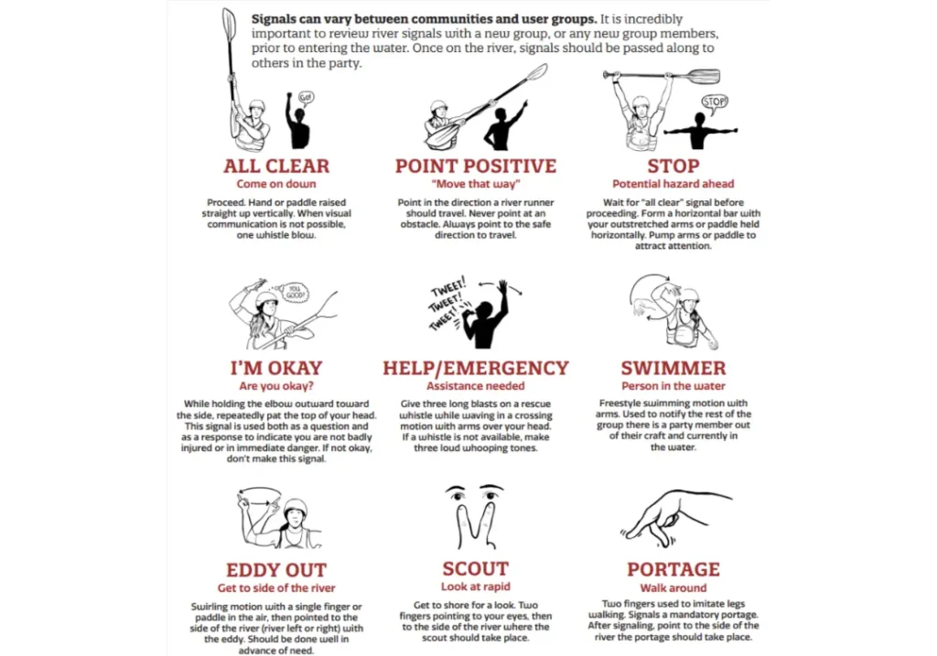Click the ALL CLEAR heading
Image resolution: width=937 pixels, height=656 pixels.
[x=276, y=167]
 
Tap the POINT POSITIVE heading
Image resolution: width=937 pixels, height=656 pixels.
[x=475, y=167]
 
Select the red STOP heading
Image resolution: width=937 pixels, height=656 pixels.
[x=673, y=167]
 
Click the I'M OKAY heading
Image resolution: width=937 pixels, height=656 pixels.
[x=276, y=369]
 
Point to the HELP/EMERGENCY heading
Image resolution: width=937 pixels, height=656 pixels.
[x=475, y=369]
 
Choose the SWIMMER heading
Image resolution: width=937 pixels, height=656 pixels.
[x=673, y=369]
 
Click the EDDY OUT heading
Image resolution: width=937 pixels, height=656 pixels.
[x=276, y=570]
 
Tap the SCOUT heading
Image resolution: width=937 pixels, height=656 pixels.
[x=475, y=570]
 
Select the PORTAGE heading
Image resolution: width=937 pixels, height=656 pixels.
[x=673, y=570]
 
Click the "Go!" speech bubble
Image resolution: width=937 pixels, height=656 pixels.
[x=307, y=96]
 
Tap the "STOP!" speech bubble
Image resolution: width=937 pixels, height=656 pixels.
[x=714, y=102]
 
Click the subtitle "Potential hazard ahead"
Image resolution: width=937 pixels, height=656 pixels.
[x=673, y=184]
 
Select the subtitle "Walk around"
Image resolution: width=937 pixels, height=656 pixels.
[x=673, y=588]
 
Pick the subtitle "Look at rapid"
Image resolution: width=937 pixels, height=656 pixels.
[x=475, y=587]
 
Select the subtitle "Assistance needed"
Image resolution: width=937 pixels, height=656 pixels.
[x=475, y=386]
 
